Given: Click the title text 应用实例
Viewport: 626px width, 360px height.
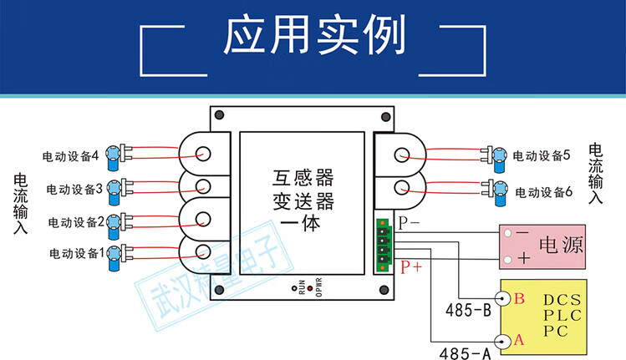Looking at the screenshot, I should click(314, 38).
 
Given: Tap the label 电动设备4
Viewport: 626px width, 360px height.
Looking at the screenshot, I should click(71, 155).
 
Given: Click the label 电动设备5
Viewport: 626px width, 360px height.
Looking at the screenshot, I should click(541, 155).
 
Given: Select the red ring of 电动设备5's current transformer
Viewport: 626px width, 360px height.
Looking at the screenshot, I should click(402, 155).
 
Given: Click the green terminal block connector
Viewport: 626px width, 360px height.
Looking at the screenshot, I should click(384, 245).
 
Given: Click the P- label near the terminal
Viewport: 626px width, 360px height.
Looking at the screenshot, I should click(410, 223).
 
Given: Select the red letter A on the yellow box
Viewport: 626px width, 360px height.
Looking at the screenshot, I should click(518, 340).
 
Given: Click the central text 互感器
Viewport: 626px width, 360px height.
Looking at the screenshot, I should click(303, 178).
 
